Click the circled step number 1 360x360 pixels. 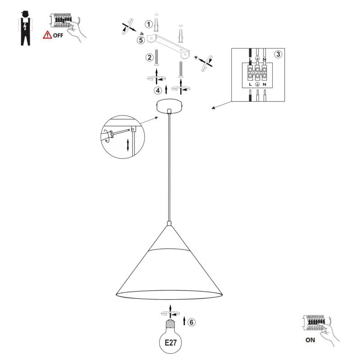(149, 24)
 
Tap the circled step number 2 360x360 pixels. (150, 57)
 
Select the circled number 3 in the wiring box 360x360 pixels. (278, 54)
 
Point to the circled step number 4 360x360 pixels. (158, 90)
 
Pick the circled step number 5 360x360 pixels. (141, 40)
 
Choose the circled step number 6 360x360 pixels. (192, 322)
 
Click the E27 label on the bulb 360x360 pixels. (171, 343)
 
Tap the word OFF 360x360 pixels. (58, 36)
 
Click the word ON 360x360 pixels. (310, 340)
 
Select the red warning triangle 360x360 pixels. (48, 35)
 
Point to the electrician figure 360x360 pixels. (25, 28)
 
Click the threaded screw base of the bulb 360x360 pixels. (170, 324)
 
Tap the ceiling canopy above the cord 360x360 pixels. (169, 105)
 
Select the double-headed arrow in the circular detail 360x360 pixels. (128, 145)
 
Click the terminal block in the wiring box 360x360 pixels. (257, 72)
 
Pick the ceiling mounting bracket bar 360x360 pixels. (169, 46)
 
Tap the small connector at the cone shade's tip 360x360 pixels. (169, 223)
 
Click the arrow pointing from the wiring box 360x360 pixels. (222, 105)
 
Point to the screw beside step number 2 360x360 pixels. (157, 58)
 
